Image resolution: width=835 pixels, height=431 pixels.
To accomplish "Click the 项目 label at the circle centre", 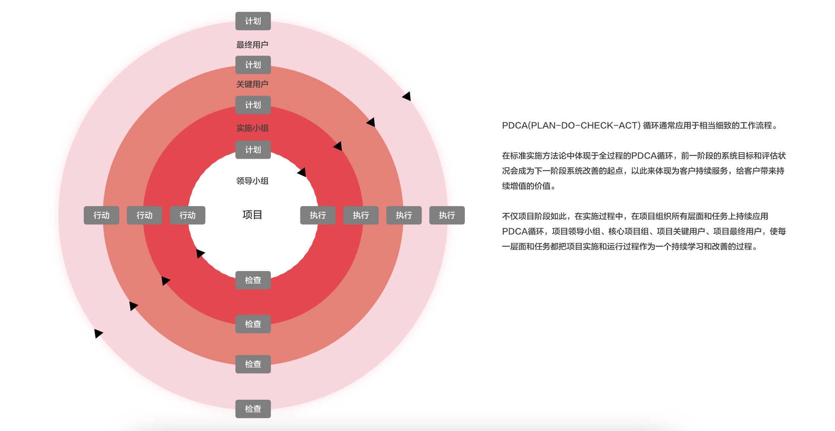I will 252,215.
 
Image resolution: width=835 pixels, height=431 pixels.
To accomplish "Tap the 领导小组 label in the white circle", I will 252,181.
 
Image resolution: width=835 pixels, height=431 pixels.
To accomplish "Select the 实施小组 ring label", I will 252,128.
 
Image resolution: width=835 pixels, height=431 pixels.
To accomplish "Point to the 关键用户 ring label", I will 252,84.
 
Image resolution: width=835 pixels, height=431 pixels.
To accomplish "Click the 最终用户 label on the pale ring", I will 252,45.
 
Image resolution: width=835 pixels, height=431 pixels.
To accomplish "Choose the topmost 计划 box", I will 253,21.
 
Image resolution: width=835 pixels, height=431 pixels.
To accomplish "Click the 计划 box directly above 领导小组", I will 253,150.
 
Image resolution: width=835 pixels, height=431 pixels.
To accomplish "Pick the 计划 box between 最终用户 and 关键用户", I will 253,65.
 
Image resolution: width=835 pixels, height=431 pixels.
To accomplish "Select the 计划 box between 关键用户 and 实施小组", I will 253,105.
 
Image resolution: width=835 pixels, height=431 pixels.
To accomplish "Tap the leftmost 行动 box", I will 101,215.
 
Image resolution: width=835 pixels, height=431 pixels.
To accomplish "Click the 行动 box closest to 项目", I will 188,215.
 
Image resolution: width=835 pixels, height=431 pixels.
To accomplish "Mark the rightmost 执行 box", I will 447,215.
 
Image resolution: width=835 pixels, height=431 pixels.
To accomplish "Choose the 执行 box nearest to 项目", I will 318,215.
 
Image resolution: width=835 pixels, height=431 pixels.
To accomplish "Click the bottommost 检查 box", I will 253,409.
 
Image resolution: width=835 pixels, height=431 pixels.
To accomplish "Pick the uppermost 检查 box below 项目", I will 253,280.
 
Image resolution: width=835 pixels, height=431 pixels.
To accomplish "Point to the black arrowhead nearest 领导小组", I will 302,172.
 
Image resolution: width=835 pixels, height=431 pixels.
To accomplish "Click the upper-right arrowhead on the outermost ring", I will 407,96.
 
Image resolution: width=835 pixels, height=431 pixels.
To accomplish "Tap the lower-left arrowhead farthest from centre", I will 98,333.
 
